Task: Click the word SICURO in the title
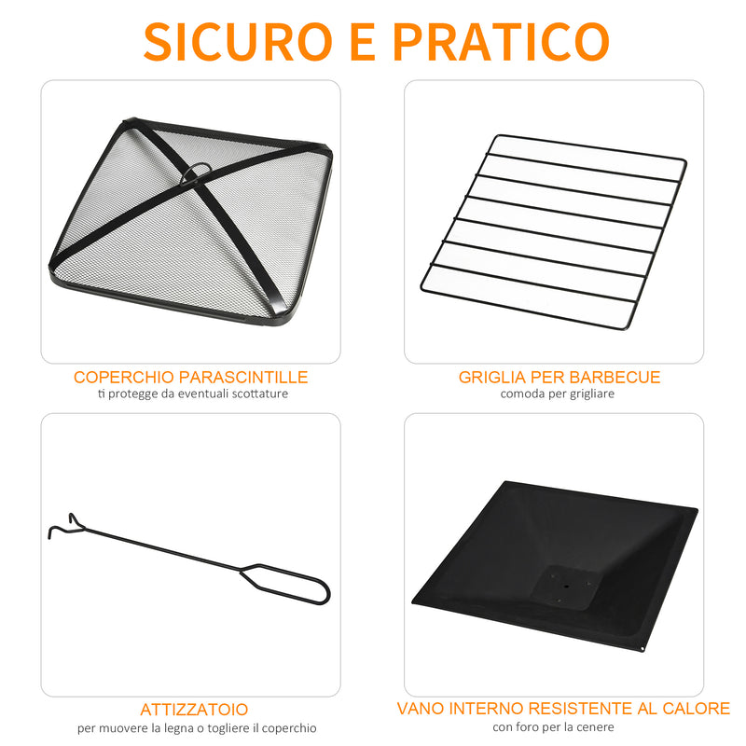[238, 39]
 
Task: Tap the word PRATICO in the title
[501, 39]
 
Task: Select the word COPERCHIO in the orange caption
[119, 378]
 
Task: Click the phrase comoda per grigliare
[557, 394]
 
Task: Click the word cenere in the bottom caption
[595, 727]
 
